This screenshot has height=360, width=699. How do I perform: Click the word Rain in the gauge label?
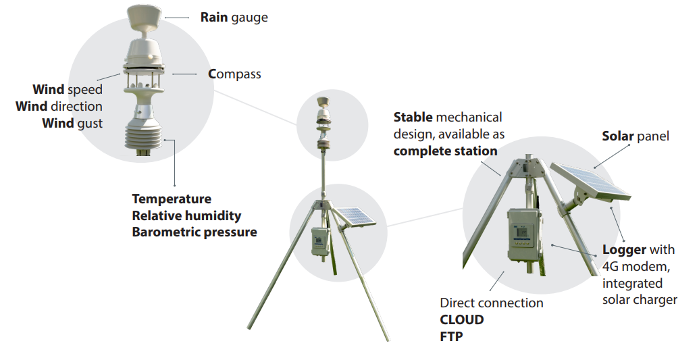point(214,18)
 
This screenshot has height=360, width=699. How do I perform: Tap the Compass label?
point(234,74)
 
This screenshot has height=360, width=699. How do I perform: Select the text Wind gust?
point(72,122)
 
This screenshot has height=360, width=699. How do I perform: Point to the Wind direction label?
point(59,106)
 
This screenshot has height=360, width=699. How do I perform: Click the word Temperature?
point(172,199)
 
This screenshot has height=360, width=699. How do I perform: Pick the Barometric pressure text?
point(195,232)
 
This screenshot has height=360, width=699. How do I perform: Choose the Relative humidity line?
point(186,215)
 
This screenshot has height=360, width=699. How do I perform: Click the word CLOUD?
point(462,319)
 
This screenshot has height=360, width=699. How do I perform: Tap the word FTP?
point(451,336)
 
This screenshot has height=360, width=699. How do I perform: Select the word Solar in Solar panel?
point(618,136)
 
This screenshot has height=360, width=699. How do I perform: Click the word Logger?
point(625,250)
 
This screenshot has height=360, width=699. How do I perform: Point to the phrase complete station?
point(445,151)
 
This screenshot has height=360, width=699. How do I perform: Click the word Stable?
point(413,118)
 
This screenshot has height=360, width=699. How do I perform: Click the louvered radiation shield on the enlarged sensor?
point(145,134)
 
